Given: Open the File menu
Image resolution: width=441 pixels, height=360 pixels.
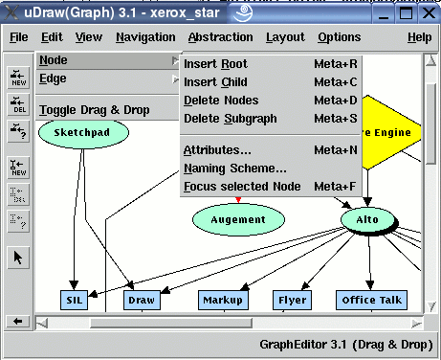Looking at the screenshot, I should [18, 37].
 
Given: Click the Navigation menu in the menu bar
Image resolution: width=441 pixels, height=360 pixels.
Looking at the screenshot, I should [145, 37].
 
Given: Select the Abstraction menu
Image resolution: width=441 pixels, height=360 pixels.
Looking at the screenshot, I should [220, 37].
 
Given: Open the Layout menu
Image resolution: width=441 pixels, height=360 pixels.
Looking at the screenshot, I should [285, 37].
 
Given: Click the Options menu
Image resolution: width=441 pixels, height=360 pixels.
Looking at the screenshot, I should [339, 37].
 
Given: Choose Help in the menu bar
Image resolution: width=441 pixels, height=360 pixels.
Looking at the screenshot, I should [419, 37].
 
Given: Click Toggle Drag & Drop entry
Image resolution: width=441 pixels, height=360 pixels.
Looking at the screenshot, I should [95, 110].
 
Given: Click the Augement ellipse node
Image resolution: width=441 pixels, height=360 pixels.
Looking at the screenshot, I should [238, 219].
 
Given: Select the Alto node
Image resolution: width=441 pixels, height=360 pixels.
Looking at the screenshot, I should [368, 219].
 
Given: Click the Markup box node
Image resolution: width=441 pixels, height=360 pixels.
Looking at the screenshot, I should [222, 301].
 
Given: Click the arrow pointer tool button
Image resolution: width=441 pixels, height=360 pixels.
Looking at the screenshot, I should [18, 257].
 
